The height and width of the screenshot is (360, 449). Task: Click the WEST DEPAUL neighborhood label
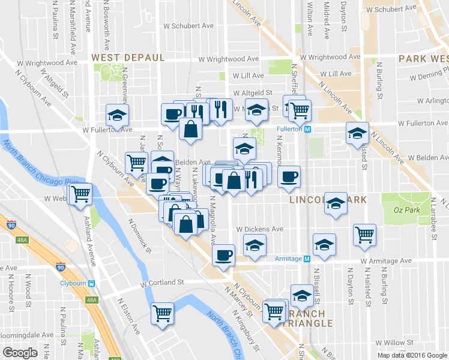[x=127, y=57]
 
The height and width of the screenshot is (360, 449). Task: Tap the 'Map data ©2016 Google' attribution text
[x=412, y=355]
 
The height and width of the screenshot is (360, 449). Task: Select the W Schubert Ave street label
[x=188, y=26]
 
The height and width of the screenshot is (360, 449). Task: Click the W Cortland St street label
[x=161, y=283]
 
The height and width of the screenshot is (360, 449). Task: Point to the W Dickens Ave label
[x=259, y=229]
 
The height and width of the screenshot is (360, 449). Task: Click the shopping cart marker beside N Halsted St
[x=364, y=235]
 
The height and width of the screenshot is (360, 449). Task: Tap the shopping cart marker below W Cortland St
[x=163, y=313]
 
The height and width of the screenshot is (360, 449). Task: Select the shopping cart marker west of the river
[x=80, y=194]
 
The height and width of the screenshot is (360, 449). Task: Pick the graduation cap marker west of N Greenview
[x=118, y=115]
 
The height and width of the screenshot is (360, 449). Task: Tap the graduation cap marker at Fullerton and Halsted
[x=357, y=133]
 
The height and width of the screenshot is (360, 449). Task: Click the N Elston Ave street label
[x=128, y=317]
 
